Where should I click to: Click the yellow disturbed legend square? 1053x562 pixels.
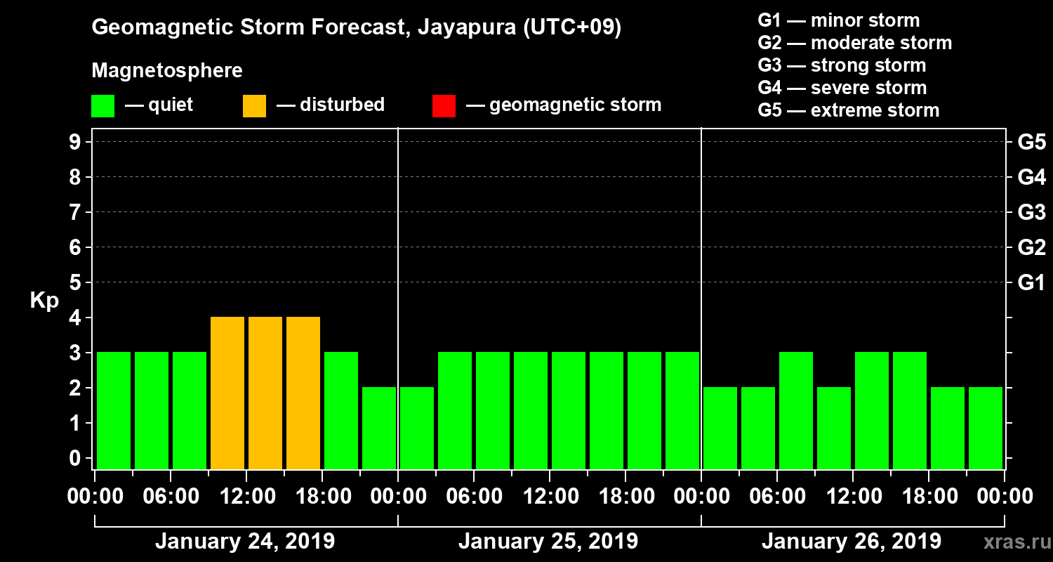tap(254, 106)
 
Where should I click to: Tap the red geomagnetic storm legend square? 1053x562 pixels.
tap(444, 106)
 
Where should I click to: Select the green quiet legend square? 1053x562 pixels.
tap(102, 106)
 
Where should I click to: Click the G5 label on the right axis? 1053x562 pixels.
tap(1031, 143)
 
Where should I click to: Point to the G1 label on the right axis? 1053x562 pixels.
tap(1031, 283)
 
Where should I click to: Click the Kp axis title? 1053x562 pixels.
tap(44, 301)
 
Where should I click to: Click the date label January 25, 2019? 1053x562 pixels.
tap(548, 542)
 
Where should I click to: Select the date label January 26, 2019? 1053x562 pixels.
tap(852, 542)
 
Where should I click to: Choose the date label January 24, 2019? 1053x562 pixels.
tap(245, 542)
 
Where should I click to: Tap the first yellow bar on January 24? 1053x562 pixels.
tap(227, 393)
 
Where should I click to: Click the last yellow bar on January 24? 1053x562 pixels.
tap(303, 393)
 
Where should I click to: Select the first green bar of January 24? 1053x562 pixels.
tap(114, 410)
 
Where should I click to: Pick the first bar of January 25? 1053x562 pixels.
tap(417, 428)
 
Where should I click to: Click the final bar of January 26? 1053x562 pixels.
tap(986, 428)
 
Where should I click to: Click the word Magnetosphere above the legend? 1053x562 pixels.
tap(167, 71)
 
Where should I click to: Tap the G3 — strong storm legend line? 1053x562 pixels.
tap(842, 65)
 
